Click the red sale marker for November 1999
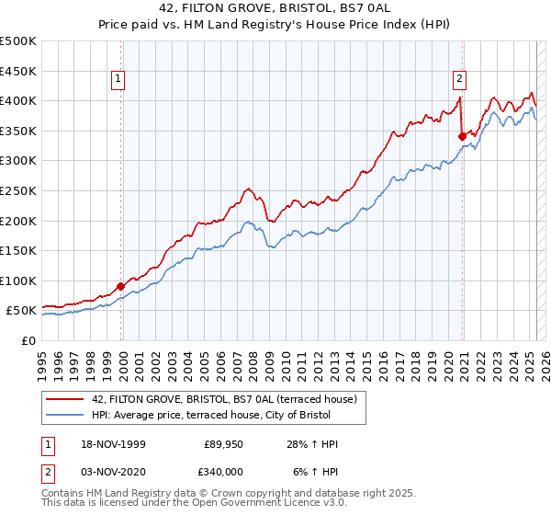(120, 286)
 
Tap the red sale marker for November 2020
(461, 136)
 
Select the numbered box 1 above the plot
(120, 79)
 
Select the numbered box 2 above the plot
(459, 79)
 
